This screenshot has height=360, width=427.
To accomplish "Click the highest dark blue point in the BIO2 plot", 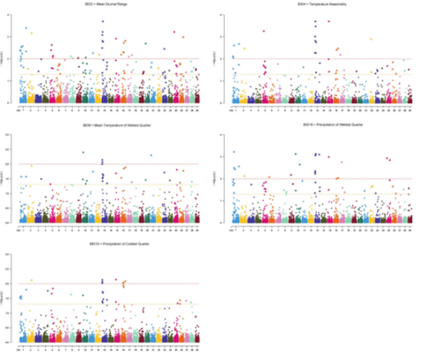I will pyautogui.click(x=103, y=21).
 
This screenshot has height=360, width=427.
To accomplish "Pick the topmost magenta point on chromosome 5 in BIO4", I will pyautogui.click(x=264, y=31).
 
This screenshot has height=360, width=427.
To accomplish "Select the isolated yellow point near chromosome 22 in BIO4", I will pyautogui.click(x=371, y=39).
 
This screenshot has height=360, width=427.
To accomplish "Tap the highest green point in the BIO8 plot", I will pyautogui.click(x=84, y=152).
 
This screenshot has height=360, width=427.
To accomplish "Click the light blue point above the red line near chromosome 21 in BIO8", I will pyautogui.click(x=151, y=155).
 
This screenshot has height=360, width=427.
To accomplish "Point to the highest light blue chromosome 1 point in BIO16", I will pyautogui.click(x=233, y=152).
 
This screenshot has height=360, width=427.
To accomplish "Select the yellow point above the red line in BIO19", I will pyautogui.click(x=31, y=280).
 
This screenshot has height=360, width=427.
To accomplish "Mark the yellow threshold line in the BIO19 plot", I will pyautogui.click(x=107, y=305).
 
